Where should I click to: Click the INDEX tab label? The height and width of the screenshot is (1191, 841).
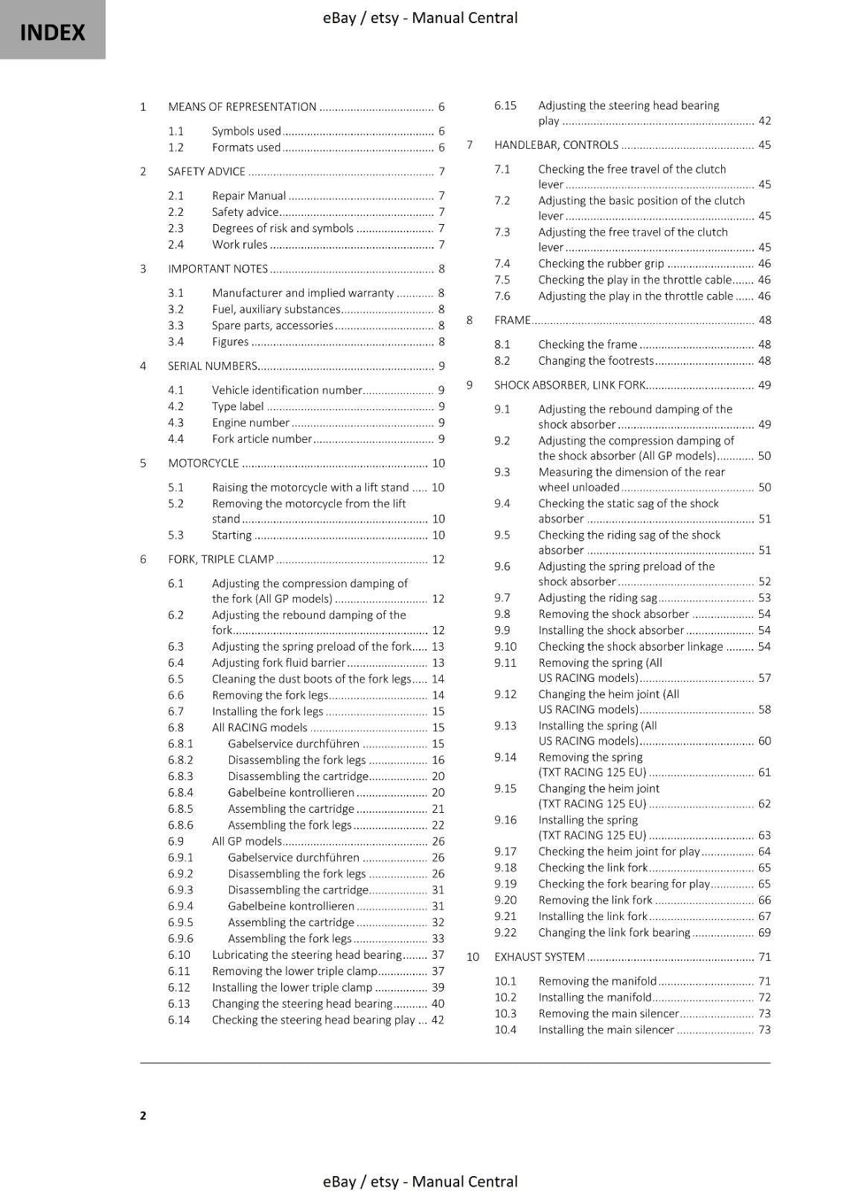coord(52,32)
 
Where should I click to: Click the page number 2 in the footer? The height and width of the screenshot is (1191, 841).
coord(143,1115)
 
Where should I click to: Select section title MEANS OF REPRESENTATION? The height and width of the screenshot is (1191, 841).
coord(242,107)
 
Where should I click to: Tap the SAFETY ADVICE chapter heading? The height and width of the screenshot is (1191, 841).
coord(206,172)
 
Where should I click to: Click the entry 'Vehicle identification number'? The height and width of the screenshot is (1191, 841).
coord(287,390)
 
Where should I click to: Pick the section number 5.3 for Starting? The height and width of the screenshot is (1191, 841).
coord(176,535)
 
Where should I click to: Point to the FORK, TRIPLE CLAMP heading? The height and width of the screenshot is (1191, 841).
coord(221,560)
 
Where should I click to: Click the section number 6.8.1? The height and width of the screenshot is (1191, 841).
coord(180,744)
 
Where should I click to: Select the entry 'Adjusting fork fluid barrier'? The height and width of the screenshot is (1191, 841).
coord(278,662)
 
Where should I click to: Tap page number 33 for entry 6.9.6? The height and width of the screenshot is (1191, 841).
coord(438,939)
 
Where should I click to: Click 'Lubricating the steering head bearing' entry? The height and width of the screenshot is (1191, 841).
coord(307,955)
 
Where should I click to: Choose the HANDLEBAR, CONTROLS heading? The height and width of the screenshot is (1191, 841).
coord(556,145)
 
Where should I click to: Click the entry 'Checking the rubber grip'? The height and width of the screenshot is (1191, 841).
coord(601,264)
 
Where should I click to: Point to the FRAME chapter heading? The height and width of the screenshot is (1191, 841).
coord(512,321)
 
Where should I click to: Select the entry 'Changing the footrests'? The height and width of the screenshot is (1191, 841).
coord(595,361)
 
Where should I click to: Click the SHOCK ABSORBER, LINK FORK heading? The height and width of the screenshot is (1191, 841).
coord(569,386)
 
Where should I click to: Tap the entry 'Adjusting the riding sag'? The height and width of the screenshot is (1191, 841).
coord(598,598)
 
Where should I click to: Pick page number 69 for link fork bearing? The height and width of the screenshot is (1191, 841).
coord(764,933)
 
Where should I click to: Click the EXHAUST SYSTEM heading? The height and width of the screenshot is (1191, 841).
coord(539,957)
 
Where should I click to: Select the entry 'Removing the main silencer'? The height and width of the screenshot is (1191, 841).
coord(608,1014)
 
